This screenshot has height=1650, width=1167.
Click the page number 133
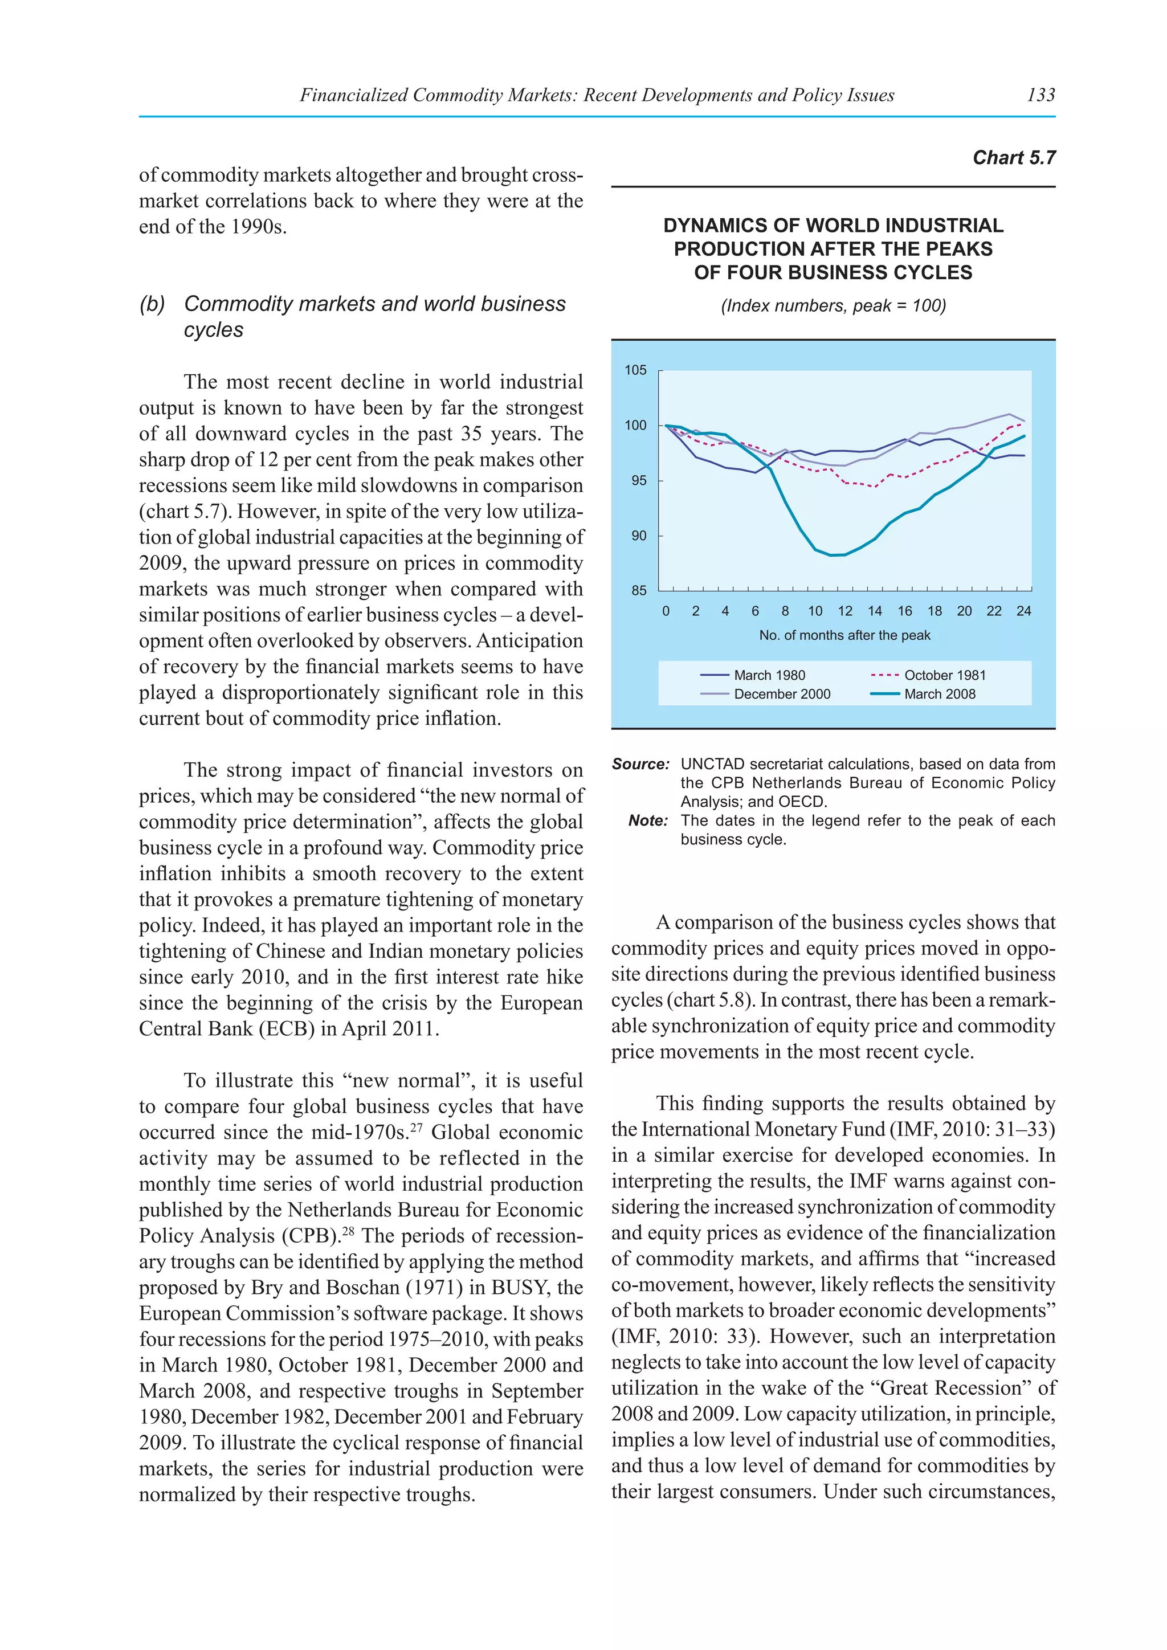tap(1040, 95)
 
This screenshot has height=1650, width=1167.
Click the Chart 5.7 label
tap(1013, 158)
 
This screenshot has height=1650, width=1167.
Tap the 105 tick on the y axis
tap(635, 370)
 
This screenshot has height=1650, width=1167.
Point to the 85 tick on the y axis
tap(638, 591)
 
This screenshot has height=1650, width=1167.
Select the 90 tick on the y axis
tap(638, 536)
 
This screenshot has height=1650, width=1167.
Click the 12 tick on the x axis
tap(844, 611)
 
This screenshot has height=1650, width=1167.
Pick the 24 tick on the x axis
tap(1023, 611)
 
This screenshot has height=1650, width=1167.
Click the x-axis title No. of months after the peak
tap(844, 635)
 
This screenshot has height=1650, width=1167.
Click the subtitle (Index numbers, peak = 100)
tap(833, 306)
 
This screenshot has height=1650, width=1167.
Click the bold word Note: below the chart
tap(647, 820)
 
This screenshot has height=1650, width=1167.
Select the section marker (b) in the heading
tap(152, 304)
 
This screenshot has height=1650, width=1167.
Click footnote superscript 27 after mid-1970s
tap(415, 1127)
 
